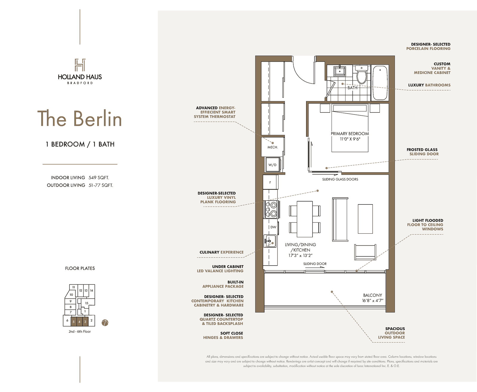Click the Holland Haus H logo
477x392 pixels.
(80, 65)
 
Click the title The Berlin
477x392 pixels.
(80, 118)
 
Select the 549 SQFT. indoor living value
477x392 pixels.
(99, 178)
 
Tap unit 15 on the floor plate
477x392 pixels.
(87, 303)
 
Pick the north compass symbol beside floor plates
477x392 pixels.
(105, 323)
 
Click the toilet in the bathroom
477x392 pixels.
(361, 74)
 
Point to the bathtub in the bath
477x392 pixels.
(380, 83)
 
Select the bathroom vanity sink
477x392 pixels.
(340, 71)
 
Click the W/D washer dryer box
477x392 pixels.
(273, 165)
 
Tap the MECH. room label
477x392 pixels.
(272, 147)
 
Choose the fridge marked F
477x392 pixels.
(270, 182)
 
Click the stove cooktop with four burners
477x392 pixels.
(271, 209)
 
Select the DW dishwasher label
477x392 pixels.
(273, 227)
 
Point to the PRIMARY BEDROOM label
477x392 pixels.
(350, 134)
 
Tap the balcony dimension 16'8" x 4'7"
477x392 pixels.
(373, 300)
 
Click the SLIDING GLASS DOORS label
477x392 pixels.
(340, 179)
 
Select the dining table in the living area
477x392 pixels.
(305, 219)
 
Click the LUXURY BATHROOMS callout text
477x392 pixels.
(429, 85)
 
